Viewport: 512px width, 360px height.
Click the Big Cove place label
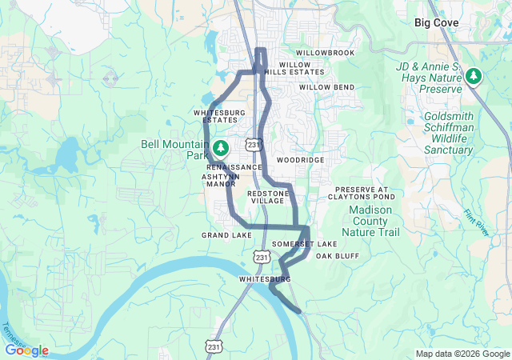pyautogui.click(x=436, y=23)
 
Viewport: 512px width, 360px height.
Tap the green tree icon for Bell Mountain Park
pyautogui.click(x=220, y=148)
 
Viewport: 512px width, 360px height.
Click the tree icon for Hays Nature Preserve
pyautogui.click(x=474, y=77)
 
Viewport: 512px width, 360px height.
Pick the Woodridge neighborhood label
pyautogui.click(x=300, y=160)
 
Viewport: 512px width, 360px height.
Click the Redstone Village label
pyautogui.click(x=266, y=197)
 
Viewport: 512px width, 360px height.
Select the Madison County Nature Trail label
pyautogui.click(x=370, y=221)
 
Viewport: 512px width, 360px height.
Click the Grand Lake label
pyautogui.click(x=226, y=235)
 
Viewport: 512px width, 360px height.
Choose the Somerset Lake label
pyautogui.click(x=305, y=243)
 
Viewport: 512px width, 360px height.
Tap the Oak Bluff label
pyautogui.click(x=337, y=256)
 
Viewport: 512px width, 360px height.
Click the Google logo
pyautogui.click(x=26, y=350)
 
